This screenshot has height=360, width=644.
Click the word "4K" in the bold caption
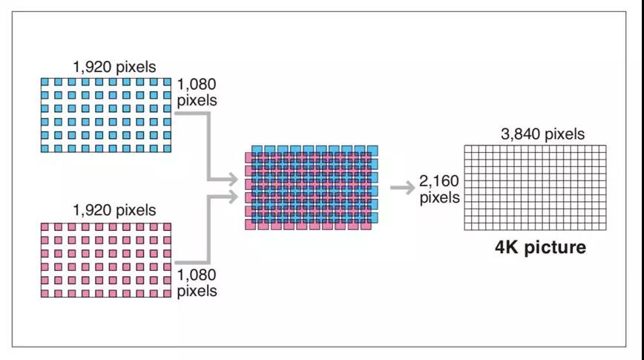(x=510, y=247)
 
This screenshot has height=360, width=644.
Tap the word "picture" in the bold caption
(x=556, y=248)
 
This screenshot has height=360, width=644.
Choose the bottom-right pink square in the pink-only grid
(x=165, y=293)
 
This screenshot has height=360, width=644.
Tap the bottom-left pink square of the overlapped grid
(x=250, y=223)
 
